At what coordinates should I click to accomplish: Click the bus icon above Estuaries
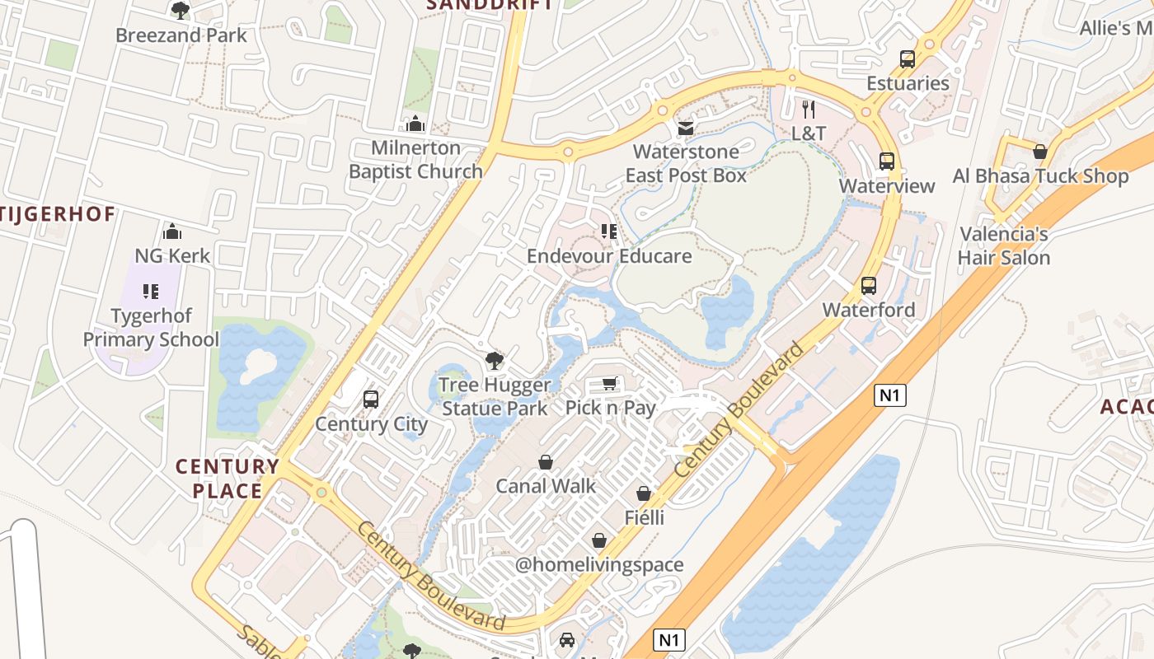908,59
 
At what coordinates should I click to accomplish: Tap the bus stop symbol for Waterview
887,161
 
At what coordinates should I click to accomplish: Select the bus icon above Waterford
869,286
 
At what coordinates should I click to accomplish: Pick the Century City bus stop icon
371,400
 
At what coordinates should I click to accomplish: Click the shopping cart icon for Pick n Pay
609,384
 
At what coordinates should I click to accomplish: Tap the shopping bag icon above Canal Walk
545,462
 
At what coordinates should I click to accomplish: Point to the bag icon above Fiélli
644,493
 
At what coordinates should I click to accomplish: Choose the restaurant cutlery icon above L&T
809,109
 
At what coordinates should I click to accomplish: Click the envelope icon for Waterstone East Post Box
685,128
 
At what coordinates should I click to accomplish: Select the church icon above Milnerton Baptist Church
415,124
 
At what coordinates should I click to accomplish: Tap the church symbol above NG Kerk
172,231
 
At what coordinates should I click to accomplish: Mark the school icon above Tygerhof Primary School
151,291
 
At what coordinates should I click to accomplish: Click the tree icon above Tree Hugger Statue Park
494,360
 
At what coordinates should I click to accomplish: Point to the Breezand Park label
181,35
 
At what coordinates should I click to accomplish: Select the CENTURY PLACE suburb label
227,479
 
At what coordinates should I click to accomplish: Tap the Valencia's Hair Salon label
1004,246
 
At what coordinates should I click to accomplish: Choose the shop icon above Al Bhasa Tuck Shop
1040,152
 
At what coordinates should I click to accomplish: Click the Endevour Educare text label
609,256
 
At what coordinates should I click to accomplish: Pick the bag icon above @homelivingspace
599,540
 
